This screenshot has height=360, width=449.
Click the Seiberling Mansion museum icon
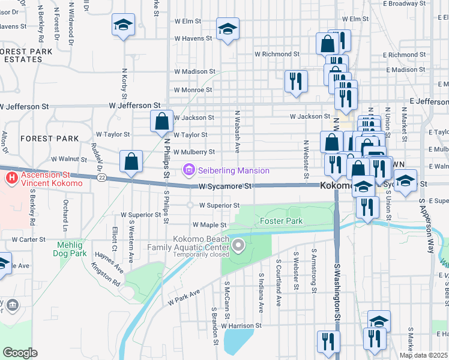coord(189,171)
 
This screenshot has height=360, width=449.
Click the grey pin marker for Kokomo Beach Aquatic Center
coord(239,244)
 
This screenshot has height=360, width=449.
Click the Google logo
coord(19,353)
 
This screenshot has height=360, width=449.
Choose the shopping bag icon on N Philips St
coord(162,121)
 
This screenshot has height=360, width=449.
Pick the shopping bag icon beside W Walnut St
coord(131,161)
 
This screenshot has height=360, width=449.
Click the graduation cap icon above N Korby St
coord(123,25)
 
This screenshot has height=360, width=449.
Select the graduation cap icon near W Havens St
coord(228,30)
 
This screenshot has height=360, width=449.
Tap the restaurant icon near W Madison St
coord(296,81)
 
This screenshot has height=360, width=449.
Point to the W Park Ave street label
coord(183,296)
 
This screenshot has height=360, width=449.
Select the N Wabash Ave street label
coord(238,130)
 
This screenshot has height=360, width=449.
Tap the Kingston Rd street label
coord(106,274)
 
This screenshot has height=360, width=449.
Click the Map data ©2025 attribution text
coord(423,355)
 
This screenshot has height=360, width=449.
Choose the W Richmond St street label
coord(277,54)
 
